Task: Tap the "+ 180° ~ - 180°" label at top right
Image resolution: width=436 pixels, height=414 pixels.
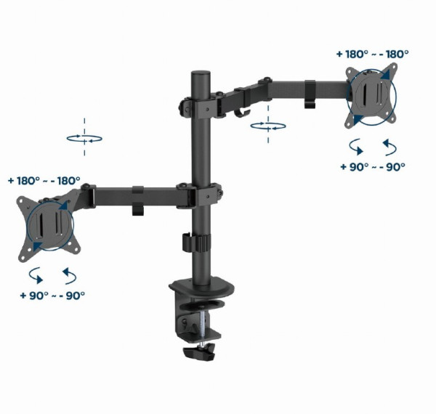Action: click(x=373, y=54)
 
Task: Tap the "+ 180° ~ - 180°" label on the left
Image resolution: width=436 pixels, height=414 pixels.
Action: click(x=44, y=180)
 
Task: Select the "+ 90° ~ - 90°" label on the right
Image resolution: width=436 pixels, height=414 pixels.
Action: click(x=373, y=166)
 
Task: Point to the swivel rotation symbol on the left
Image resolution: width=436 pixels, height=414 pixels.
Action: click(x=84, y=137)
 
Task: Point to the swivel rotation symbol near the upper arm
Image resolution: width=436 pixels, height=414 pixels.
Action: click(x=267, y=126)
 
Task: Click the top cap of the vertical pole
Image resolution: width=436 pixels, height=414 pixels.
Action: click(x=198, y=76)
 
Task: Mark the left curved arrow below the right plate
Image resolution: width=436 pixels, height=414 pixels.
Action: click(x=357, y=147)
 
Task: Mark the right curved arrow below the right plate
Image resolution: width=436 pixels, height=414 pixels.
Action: click(x=389, y=147)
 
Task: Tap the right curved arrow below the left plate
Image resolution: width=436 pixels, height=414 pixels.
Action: click(x=69, y=275)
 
